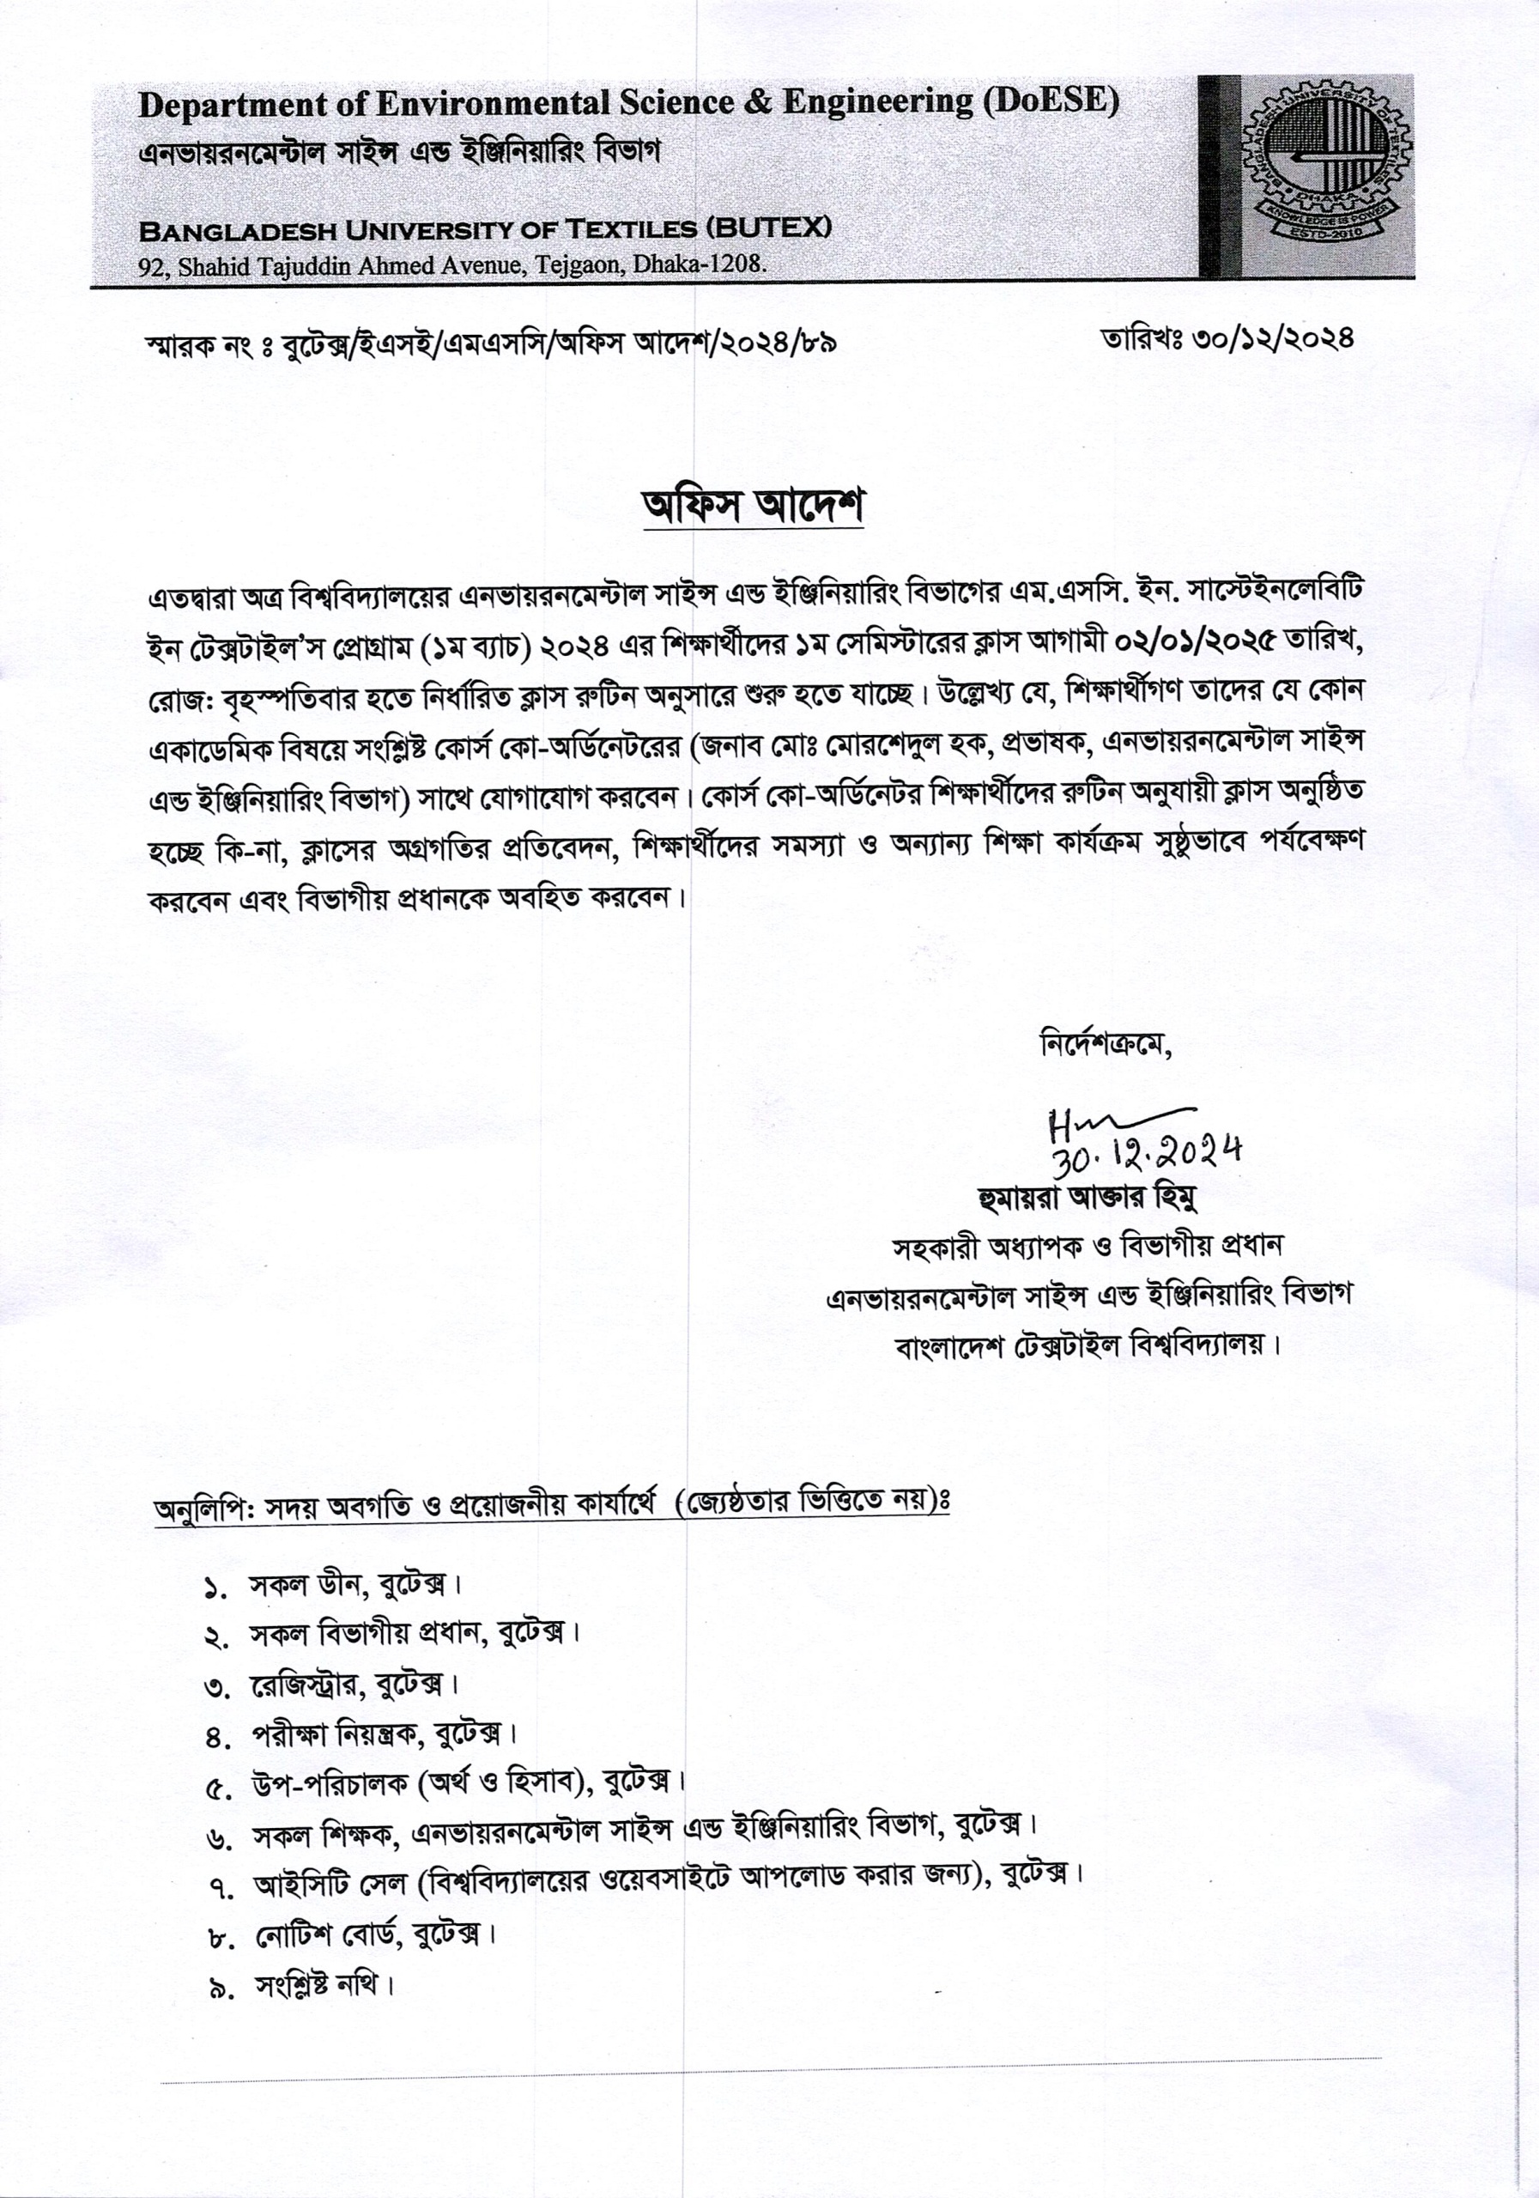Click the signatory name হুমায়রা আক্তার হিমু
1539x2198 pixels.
pos(1075,1198)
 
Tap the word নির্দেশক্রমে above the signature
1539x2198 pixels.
pos(1106,1043)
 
